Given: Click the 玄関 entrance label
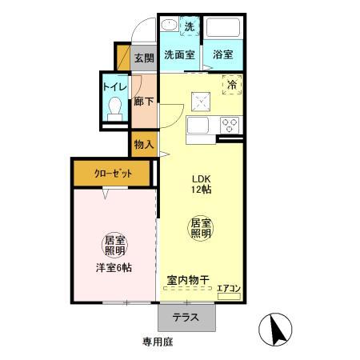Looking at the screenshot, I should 144,58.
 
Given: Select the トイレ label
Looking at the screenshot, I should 112,86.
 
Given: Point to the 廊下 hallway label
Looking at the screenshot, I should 144,102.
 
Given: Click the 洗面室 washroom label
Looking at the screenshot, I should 179,56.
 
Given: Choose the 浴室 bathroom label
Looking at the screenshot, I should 223,56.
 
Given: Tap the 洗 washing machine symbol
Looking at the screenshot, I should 190,27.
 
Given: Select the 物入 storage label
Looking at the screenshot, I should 144,146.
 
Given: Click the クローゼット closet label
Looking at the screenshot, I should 111,174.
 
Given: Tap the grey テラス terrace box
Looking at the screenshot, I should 186,318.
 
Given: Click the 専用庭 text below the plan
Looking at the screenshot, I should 158,342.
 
